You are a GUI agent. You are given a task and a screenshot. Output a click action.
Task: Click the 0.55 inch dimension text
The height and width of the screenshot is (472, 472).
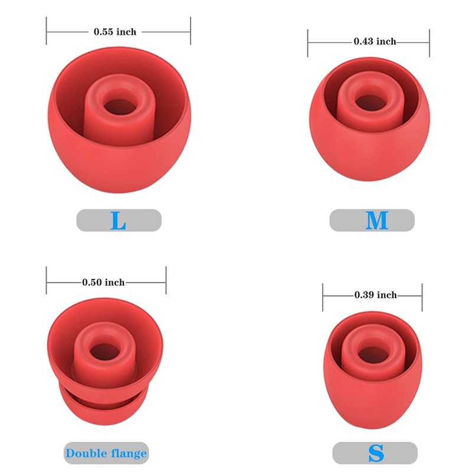tap(115, 32)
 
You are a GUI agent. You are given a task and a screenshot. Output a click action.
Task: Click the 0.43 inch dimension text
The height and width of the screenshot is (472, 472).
tap(375, 41)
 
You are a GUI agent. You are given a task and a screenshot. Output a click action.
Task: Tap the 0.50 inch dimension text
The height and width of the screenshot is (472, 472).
tap(103, 283)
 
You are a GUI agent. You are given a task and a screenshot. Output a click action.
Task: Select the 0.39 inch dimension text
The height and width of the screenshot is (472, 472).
tap(375, 294)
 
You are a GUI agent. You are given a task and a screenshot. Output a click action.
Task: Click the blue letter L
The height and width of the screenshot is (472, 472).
tap(119, 221)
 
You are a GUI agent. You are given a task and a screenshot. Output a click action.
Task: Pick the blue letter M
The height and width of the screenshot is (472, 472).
tap(376, 221)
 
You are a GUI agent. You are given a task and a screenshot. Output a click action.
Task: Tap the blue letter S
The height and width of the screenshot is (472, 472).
tap(376, 453)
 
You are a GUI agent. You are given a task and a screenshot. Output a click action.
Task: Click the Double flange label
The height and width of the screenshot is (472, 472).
tap(106, 453)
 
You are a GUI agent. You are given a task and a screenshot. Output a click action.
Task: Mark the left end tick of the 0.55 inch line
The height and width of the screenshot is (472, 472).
tap(47, 31)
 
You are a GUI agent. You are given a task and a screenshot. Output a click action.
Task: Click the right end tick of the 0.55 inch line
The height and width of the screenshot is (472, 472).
tap(191, 31)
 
